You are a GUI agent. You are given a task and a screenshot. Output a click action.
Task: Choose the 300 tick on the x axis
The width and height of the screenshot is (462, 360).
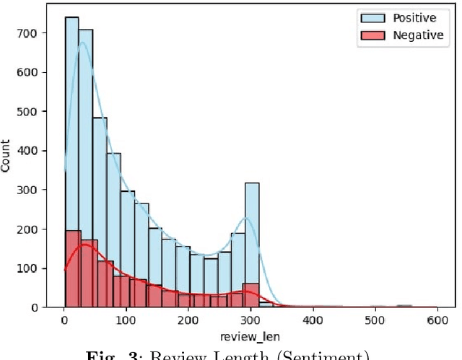pos(251,319)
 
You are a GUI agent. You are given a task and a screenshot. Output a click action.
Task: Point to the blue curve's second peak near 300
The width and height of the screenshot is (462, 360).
pos(246,217)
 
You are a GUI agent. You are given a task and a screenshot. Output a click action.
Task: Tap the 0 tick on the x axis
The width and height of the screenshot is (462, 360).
pos(65,319)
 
